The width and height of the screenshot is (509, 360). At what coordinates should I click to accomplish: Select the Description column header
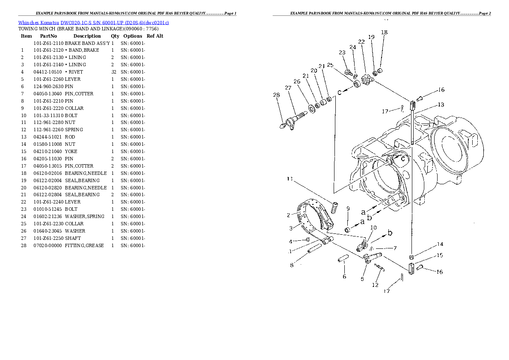(x=87, y=36)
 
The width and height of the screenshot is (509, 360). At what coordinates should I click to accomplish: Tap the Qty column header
(x=115, y=36)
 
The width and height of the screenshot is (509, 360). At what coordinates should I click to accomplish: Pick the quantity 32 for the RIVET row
(x=114, y=72)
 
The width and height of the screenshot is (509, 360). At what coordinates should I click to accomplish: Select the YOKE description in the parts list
(x=71, y=151)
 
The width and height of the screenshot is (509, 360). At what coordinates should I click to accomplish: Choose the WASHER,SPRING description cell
(x=84, y=217)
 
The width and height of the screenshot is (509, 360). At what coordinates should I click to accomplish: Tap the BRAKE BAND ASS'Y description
(x=87, y=43)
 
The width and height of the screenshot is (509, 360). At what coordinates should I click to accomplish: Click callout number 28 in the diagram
(x=276, y=95)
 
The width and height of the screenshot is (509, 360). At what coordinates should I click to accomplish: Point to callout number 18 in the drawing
(x=384, y=32)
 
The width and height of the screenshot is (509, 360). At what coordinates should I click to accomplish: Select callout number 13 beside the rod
(x=441, y=105)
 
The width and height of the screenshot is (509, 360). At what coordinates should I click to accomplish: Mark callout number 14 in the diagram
(x=440, y=245)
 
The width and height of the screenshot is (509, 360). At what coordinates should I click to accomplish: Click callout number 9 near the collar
(x=348, y=209)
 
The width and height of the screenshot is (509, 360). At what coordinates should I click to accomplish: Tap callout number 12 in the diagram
(x=375, y=285)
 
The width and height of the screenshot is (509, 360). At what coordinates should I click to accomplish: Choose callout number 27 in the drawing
(x=288, y=88)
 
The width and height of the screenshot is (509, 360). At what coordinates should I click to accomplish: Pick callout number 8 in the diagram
(x=292, y=265)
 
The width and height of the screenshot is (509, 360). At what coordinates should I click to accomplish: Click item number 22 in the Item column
(x=24, y=202)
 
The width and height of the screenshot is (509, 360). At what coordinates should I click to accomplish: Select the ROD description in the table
(x=70, y=137)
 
